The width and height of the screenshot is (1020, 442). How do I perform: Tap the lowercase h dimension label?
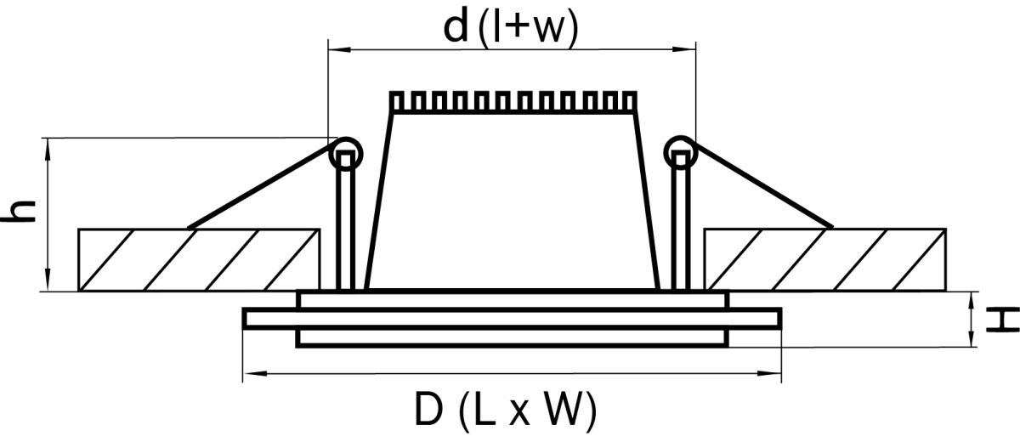[18, 212]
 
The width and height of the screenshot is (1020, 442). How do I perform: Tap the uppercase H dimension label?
[1002, 320]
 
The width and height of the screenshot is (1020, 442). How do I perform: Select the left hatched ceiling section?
[199, 259]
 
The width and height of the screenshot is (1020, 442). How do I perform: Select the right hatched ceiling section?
[824, 259]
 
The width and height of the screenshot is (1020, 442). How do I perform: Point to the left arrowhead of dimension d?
[339, 48]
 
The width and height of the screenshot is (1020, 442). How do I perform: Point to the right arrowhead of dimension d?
[684, 48]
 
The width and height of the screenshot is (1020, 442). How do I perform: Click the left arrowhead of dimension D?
[254, 374]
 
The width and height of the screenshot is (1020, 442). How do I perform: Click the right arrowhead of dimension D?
[770, 374]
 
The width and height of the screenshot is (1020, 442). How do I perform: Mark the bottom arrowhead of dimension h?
[48, 280]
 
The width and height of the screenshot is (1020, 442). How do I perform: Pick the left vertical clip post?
[346, 221]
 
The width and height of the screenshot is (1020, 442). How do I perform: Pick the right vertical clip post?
[681, 221]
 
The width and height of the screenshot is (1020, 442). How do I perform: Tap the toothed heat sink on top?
[513, 102]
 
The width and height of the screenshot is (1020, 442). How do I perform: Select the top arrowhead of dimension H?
[972, 303]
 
